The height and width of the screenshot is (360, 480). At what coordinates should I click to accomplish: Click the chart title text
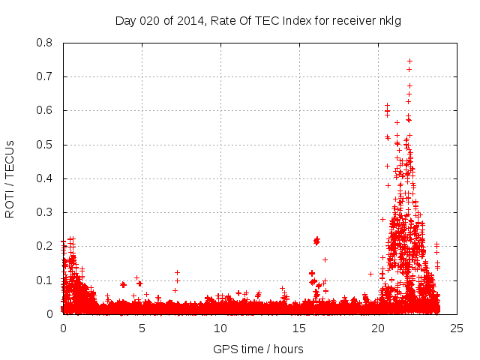coord(258,20)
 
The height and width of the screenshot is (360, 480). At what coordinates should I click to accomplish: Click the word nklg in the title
coord(388,20)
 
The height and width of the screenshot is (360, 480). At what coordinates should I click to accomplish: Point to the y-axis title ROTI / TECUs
coord(10,179)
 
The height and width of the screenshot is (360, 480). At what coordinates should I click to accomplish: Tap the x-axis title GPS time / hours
coord(258,349)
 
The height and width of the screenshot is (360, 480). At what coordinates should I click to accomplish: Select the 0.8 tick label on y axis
coord(44,43)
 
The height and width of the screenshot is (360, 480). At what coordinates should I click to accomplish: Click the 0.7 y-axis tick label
coord(44,76)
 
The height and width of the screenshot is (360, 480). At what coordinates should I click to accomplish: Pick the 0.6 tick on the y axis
coord(44,110)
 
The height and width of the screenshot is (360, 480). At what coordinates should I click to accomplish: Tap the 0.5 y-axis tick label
coord(44,145)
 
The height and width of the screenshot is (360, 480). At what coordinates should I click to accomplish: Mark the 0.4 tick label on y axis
coord(44,178)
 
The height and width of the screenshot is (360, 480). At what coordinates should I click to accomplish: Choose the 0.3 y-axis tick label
coord(44,212)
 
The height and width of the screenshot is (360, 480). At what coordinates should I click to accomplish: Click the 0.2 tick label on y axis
coord(44,246)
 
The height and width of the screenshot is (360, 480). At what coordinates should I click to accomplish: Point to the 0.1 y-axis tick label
coord(44,280)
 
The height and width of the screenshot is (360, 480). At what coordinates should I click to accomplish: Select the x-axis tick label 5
coord(142,328)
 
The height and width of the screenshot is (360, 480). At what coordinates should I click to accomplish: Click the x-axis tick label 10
coord(220,328)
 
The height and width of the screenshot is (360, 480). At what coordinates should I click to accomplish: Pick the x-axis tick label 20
coord(378,328)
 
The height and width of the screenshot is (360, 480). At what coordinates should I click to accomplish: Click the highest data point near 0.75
coord(409,61)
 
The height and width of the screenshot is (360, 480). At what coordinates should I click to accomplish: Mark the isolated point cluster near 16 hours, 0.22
coord(316,240)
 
